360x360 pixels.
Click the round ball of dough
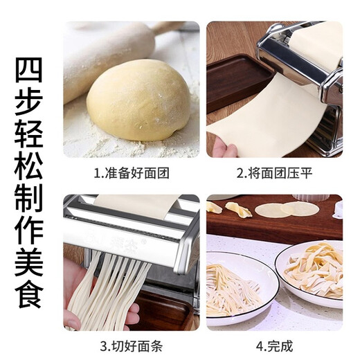pos(138,100)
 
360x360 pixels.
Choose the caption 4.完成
pos(275,343)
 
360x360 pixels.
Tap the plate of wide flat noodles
pos(312,270)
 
